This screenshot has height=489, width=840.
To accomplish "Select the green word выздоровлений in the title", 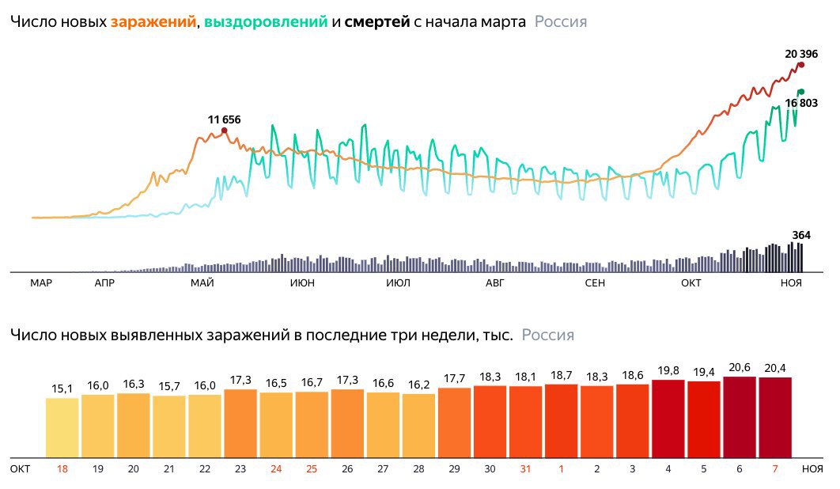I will [265, 22].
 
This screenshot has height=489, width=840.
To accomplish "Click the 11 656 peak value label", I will [224, 119].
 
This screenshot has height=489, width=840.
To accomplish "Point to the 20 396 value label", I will [800, 54].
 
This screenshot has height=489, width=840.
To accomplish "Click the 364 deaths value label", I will [802, 234].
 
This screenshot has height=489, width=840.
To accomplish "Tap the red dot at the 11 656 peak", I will [224, 131].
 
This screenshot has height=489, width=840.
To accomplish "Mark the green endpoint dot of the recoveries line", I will [800, 92].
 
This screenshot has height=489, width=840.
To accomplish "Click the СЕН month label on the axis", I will [596, 283].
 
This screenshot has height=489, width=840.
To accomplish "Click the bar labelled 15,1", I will [62, 427].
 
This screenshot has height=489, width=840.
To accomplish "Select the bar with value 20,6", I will [739, 417].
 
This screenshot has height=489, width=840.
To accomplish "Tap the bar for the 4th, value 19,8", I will [668, 419].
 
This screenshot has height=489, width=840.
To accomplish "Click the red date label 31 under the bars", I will [525, 468].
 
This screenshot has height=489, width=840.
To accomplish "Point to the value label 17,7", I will [454, 377].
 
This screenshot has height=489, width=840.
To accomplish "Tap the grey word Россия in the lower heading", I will [547, 335].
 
